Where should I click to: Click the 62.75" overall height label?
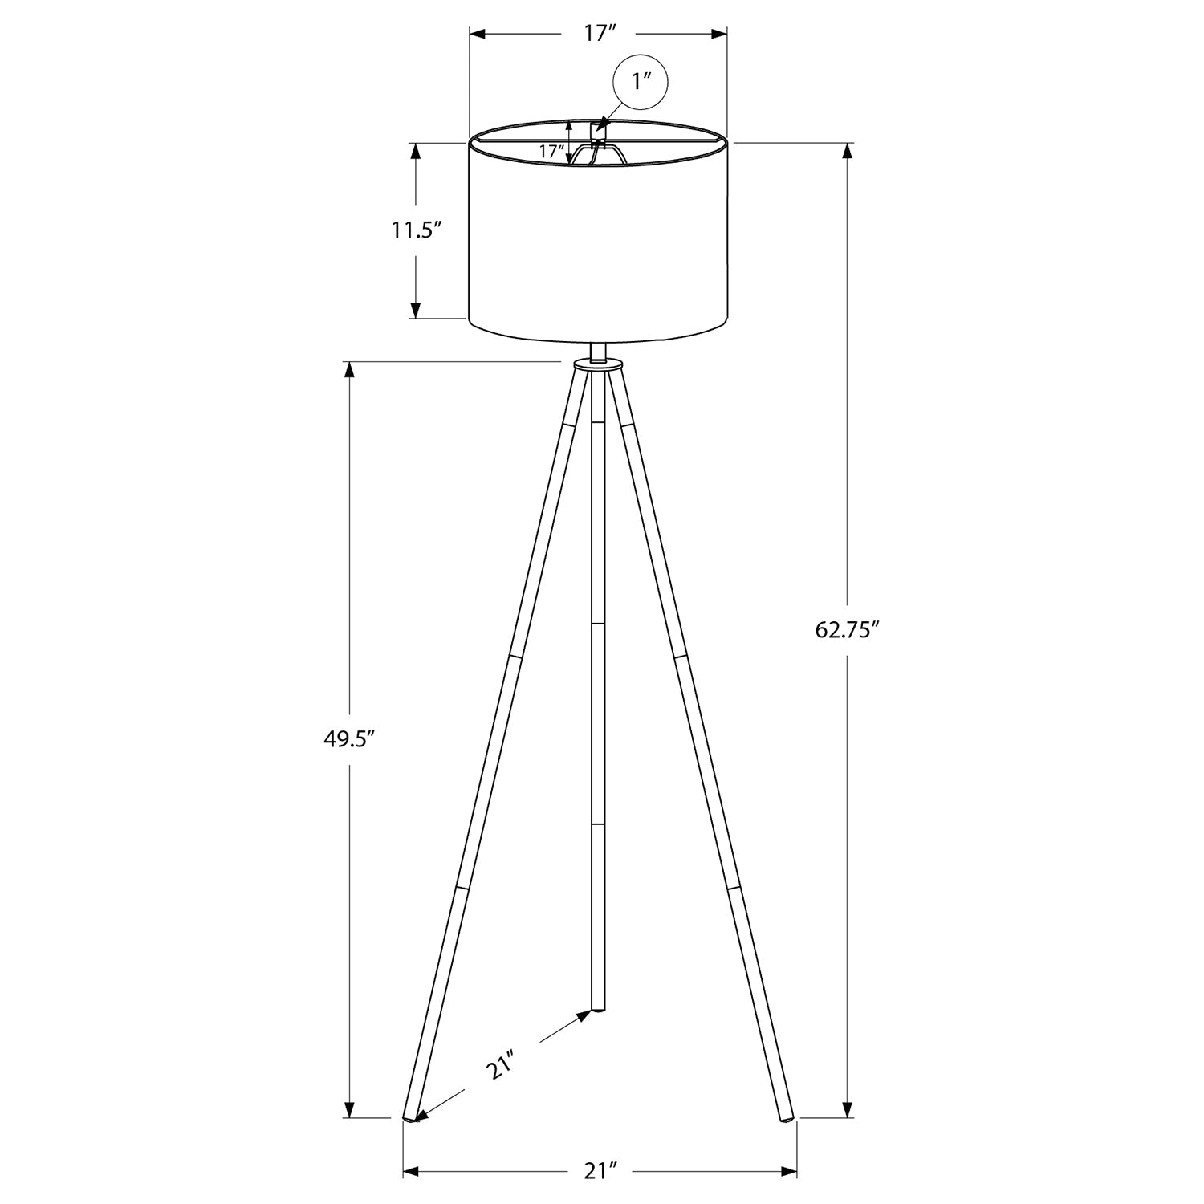(848, 629)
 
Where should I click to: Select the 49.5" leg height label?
(349, 739)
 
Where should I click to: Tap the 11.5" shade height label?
(417, 231)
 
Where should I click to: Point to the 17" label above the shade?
(599, 34)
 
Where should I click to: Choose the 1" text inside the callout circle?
(640, 82)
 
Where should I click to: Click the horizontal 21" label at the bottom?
(599, 1172)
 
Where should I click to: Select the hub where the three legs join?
(597, 365)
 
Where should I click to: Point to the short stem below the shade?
(597, 351)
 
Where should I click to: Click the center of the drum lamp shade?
(598, 241)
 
